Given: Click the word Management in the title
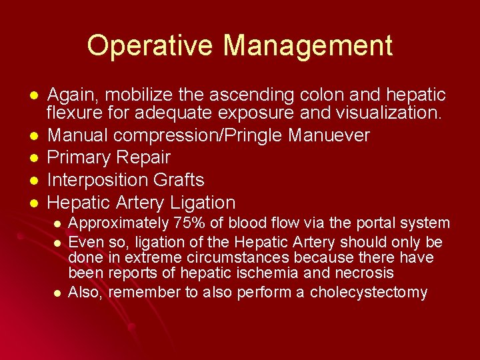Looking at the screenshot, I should click(x=308, y=46).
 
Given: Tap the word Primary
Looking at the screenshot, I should click(x=80, y=158).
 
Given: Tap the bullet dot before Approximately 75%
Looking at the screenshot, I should click(x=58, y=223).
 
